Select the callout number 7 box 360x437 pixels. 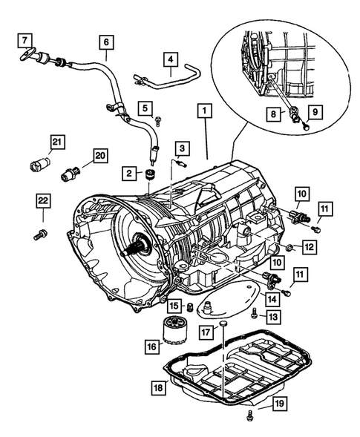[x=23, y=39]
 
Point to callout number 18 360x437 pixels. [x=157, y=387]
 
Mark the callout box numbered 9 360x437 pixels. [x=313, y=114]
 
